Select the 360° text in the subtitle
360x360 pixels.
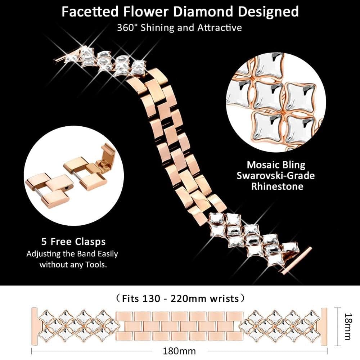(x=126, y=28)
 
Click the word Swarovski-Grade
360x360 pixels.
(x=276, y=176)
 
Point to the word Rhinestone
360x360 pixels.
(x=276, y=186)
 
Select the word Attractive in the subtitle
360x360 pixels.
(x=219, y=28)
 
